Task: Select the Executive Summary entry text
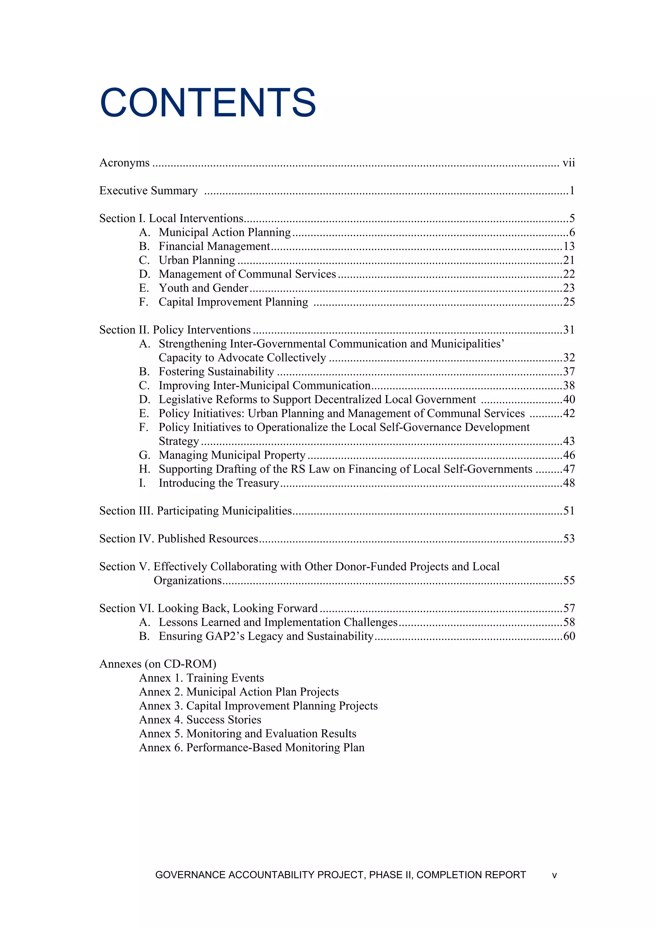coord(148,191)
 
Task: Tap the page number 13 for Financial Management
coord(569,246)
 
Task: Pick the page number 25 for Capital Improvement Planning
coord(569,302)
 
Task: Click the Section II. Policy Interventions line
coord(175,330)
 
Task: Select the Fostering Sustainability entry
coord(216,372)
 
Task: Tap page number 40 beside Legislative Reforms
coord(569,399)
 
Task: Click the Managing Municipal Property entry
coord(232,455)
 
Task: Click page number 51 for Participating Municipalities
coord(569,511)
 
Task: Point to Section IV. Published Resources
coord(179,539)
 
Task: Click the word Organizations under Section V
coord(188,580)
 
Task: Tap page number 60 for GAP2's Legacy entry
coord(569,636)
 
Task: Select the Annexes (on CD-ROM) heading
coord(158,664)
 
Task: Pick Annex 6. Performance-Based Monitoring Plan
coord(251,748)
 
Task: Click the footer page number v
coord(554,875)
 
